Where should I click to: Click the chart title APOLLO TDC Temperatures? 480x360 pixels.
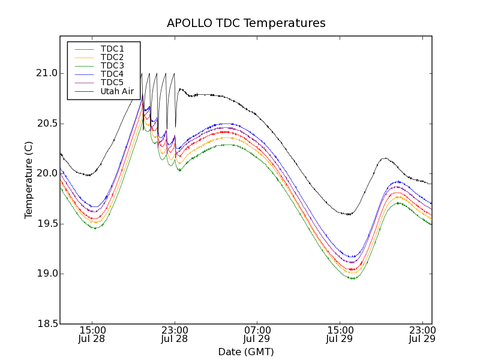(246, 23)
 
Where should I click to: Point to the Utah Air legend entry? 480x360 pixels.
(117, 91)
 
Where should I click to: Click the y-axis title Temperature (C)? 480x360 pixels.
(29, 180)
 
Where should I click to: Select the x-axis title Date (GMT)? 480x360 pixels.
(246, 352)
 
